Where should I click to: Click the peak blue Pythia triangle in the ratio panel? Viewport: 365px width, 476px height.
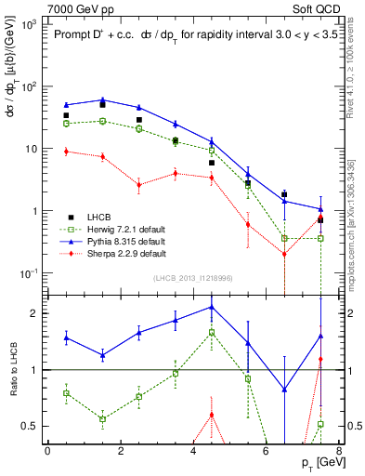[211, 306]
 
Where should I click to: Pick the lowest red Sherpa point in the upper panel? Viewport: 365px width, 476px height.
[284, 254]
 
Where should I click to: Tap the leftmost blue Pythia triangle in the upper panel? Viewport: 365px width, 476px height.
[66, 105]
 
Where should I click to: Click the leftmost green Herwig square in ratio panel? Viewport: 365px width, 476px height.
[66, 393]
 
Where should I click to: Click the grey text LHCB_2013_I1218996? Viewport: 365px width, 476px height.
[192, 278]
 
